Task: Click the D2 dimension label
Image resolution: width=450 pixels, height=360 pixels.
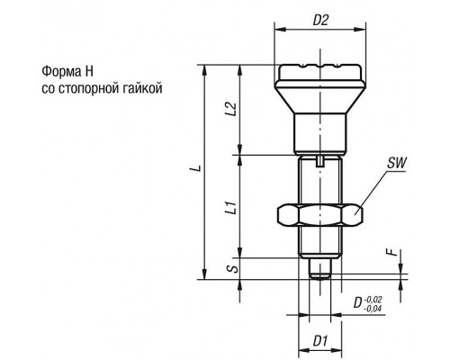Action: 320,21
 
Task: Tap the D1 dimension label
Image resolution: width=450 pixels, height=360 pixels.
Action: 320,341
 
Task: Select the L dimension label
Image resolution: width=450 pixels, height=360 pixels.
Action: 197,167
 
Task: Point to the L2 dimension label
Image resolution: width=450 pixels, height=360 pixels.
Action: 231,109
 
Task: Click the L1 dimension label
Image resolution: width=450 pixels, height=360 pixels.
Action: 231,208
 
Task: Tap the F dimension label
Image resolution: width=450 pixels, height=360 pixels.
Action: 392,252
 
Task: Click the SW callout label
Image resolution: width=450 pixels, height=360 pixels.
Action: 396,164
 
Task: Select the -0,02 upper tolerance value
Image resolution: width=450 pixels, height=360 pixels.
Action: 373,300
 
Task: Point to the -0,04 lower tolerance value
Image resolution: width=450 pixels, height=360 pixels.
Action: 373,309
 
